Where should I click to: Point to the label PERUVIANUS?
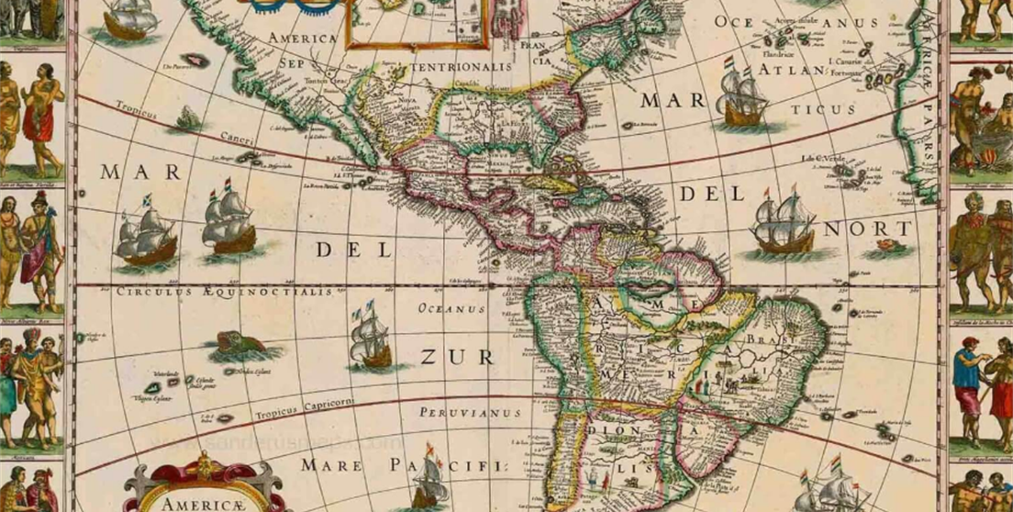470,413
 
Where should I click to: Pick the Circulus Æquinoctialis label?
223,292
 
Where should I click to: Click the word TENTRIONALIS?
461,67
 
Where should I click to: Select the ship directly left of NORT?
783,226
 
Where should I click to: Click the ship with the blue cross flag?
146,231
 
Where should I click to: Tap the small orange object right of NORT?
885,246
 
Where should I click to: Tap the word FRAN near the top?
533,44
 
